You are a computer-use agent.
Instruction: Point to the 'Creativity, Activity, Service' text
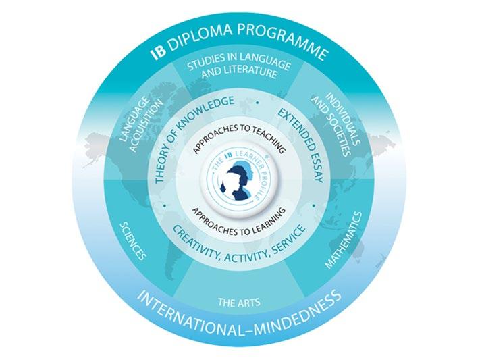[x=240, y=240]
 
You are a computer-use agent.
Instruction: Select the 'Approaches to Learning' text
[x=240, y=211]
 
